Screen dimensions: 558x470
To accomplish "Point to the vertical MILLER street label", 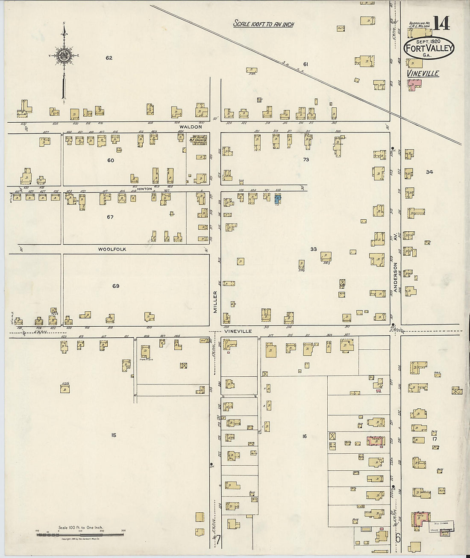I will click(215, 302).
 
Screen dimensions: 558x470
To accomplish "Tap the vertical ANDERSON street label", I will click(396, 278).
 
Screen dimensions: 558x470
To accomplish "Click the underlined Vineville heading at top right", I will click(423, 74).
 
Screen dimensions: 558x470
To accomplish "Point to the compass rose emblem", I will click(64, 55).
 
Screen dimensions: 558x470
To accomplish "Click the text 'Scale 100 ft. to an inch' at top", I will click(264, 24).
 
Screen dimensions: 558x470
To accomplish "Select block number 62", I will click(109, 58).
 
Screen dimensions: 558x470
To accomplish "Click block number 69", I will click(115, 286).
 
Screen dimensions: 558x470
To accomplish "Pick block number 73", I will click(306, 159).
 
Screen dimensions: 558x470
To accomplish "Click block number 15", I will click(113, 435).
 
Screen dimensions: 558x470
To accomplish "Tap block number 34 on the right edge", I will click(429, 172).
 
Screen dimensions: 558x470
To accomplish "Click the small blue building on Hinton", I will click(278, 199).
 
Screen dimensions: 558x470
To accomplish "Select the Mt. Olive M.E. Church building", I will click(197, 140).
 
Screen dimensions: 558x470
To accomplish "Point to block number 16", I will click(304, 436).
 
